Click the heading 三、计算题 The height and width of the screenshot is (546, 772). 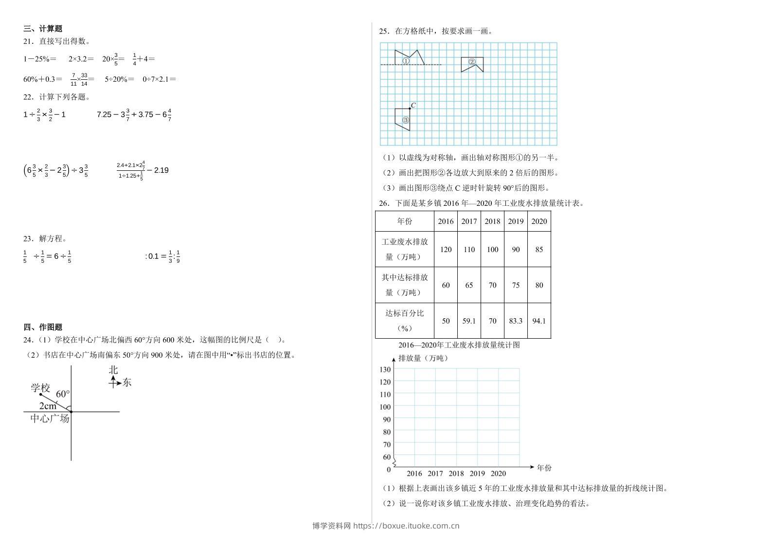click(x=43, y=29)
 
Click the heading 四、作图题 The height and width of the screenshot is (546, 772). click(x=43, y=327)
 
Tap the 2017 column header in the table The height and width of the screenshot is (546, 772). click(x=469, y=221)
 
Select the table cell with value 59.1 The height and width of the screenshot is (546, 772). click(x=469, y=321)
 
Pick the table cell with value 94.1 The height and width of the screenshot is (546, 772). click(x=539, y=321)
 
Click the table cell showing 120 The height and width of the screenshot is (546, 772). click(x=446, y=250)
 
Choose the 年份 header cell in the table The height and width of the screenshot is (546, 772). click(x=405, y=221)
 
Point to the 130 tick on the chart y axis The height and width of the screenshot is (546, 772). click(x=385, y=369)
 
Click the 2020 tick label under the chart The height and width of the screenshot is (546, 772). click(x=498, y=473)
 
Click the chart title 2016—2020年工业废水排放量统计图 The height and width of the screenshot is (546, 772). click(x=459, y=345)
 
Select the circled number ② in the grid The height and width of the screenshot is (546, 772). click(x=472, y=62)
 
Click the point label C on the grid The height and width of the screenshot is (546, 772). click(x=413, y=105)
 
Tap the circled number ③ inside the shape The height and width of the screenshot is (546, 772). click(x=406, y=120)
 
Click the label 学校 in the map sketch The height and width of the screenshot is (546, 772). click(x=40, y=388)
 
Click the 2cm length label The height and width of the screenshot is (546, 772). click(x=48, y=406)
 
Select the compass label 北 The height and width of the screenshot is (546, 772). click(x=113, y=370)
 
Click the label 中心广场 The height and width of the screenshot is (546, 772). click(x=50, y=419)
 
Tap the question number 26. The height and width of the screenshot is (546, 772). click(x=384, y=203)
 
